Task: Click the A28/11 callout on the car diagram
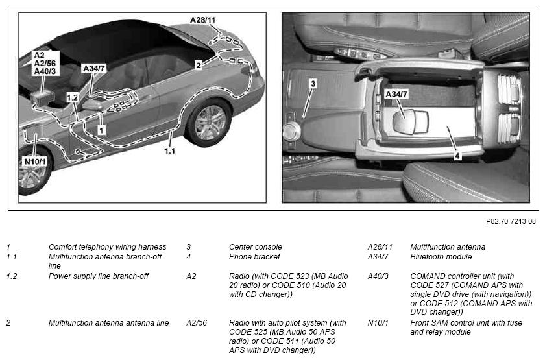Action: [202, 20]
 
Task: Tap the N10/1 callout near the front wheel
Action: [35, 162]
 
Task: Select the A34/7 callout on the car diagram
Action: [94, 69]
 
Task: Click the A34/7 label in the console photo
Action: [396, 94]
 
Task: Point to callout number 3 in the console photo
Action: [313, 84]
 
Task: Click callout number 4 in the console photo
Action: [457, 156]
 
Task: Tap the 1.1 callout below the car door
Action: [169, 150]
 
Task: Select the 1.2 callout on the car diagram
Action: [72, 98]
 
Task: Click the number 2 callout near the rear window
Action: [198, 65]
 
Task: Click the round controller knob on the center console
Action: [291, 131]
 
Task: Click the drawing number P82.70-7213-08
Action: [511, 221]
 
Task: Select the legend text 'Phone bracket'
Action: [254, 257]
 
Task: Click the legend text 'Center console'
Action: [256, 247]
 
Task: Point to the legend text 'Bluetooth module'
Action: [441, 257]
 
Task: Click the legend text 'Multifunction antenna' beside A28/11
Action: [448, 247]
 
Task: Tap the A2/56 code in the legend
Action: [197, 323]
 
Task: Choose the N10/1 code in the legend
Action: [378, 323]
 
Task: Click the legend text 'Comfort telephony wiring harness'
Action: [108, 247]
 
